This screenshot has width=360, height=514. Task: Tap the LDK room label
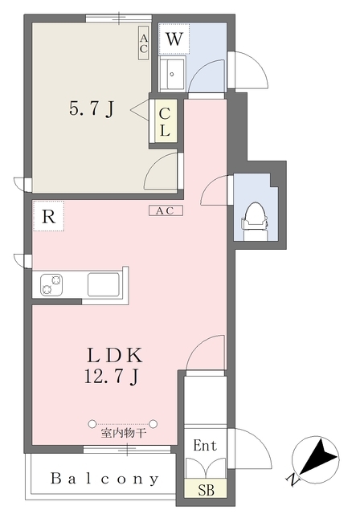coord(114,355)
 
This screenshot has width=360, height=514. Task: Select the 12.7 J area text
coord(111,376)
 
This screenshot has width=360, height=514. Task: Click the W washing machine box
coord(174,39)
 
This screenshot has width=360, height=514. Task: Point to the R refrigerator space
coord(48,216)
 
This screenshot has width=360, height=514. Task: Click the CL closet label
coord(165,121)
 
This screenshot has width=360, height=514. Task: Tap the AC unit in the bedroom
coord(143,43)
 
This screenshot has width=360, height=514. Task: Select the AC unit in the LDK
coord(166,210)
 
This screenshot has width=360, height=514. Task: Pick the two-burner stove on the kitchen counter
coord(51,284)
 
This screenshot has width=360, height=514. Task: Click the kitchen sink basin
coord(104,284)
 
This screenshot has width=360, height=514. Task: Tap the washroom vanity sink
coord(172,74)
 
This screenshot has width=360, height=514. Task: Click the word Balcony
coord(105,479)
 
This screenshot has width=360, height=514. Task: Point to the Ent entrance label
coord(205,445)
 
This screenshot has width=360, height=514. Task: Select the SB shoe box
coord(206,489)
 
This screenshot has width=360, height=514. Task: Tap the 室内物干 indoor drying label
coord(123,434)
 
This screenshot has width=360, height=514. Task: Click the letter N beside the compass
coord(292,480)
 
